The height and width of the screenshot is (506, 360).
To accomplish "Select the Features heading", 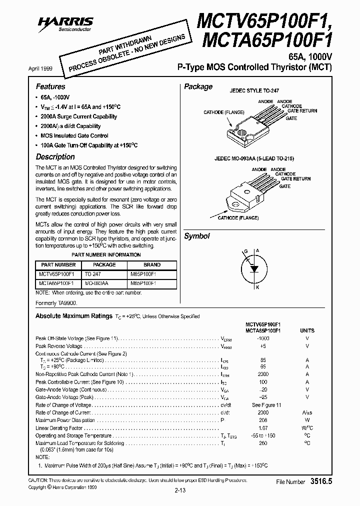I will tap(50, 86).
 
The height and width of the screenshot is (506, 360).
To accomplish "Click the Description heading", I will tap(55, 156).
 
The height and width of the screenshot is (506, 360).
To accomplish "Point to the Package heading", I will tap(198, 86).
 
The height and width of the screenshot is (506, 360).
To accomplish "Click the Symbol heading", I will tap(197, 236).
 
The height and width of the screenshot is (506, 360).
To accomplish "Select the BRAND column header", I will tap(152, 265).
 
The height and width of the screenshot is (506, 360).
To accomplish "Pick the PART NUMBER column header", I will tap(58, 265).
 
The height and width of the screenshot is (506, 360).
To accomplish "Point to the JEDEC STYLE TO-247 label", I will tap(254, 92).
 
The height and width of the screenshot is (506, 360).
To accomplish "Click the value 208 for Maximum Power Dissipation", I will tap(262, 420).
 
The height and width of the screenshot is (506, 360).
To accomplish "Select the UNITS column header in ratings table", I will tap(307, 330).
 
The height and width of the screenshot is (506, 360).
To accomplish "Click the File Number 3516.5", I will tap(304, 481).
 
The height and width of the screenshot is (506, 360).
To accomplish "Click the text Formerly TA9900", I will tap(56, 303).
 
